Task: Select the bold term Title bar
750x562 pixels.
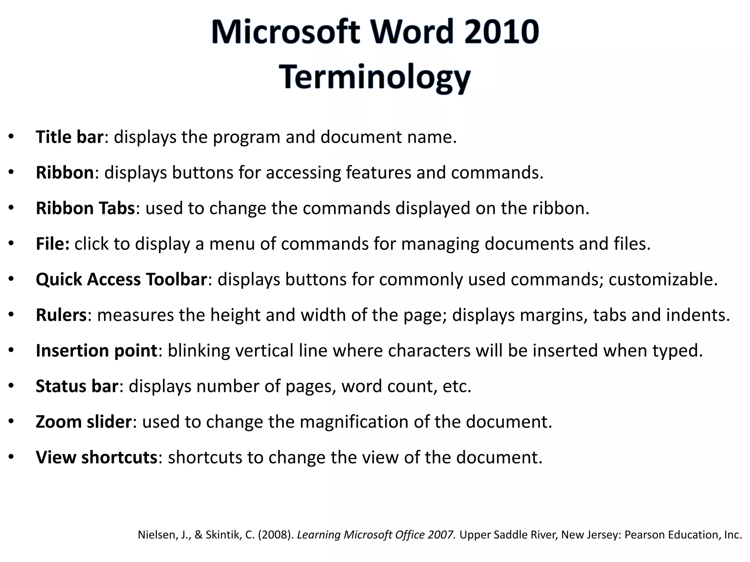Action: tap(70, 137)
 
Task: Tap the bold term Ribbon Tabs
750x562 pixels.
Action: tap(85, 208)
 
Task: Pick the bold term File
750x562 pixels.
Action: tap(52, 244)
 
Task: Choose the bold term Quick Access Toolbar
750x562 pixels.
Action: tap(122, 279)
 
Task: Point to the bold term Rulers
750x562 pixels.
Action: tap(61, 315)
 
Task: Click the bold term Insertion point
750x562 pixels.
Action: tap(97, 351)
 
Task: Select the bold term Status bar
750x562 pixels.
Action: tap(77, 386)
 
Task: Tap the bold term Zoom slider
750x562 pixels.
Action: tap(83, 422)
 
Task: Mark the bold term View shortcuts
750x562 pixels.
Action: tap(97, 457)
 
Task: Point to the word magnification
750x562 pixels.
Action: tap(354, 422)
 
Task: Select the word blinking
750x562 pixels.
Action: tap(199, 351)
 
